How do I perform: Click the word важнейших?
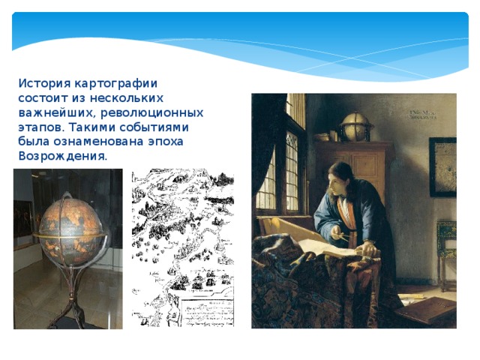tap(52, 112)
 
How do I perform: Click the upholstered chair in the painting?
tap(447, 247)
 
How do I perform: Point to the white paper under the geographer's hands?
tap(341, 251)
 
